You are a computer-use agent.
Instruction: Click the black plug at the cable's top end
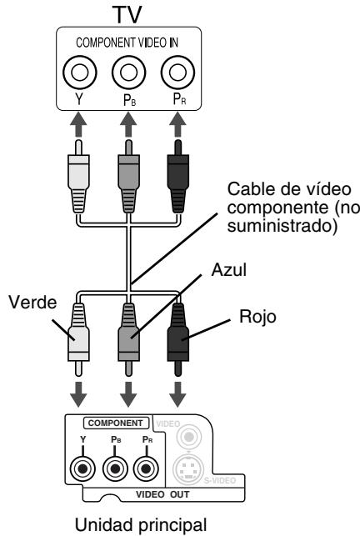[x=176, y=179]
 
